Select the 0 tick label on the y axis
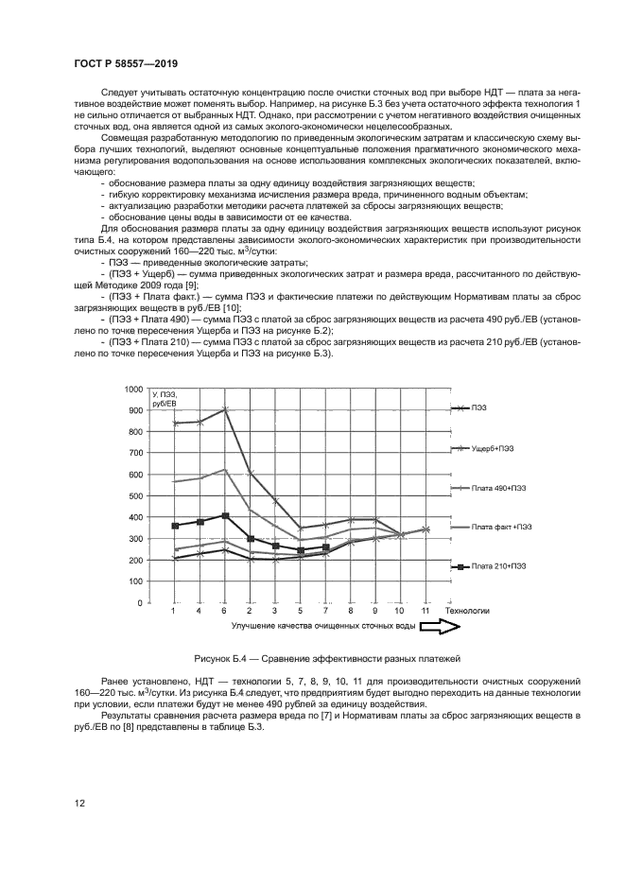pos(139,603)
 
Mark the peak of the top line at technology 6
pos(224,409)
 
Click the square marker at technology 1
pos(174,526)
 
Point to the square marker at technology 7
pos(325,547)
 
